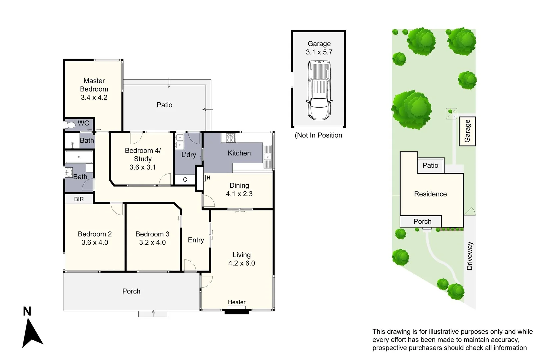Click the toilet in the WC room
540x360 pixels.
tap(70, 125)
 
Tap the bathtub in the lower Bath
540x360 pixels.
tap(79, 157)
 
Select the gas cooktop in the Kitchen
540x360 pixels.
tap(231, 137)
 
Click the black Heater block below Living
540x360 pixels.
tap(237, 312)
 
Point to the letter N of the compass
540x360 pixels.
tap(27, 311)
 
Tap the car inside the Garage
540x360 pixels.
tap(319, 90)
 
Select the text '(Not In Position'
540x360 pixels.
tap(318, 135)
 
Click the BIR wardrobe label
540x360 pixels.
tap(79, 199)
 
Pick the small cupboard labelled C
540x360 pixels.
tap(185, 180)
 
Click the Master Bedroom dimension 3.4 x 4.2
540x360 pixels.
tap(94, 98)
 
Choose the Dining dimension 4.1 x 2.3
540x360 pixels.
tap(239, 194)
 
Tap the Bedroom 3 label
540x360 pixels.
tap(152, 234)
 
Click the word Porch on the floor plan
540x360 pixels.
tap(131, 291)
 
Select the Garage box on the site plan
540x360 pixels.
tap(467, 131)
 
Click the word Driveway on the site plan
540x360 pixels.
tap(470, 256)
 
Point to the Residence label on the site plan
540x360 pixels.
tap(430, 194)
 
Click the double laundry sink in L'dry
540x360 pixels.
tap(180, 141)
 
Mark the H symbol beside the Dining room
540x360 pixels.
tap(208, 178)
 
